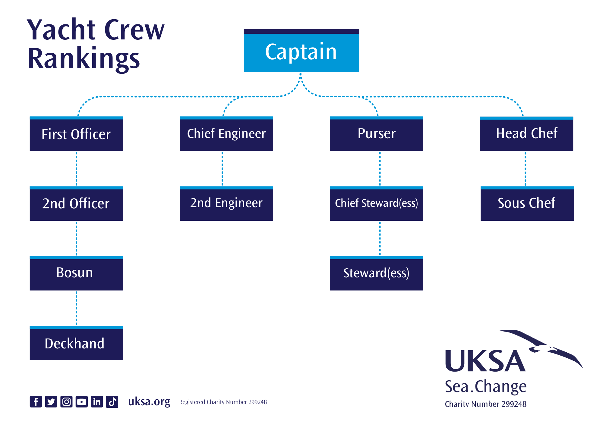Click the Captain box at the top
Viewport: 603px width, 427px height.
pyautogui.click(x=301, y=51)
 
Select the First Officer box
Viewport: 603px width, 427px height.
pyautogui.click(x=76, y=134)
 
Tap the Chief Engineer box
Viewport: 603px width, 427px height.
pyautogui.click(x=226, y=134)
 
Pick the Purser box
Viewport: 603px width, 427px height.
pyautogui.click(x=376, y=134)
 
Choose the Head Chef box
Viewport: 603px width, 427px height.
pyautogui.click(x=526, y=134)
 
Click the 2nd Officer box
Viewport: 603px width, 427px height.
pyautogui.click(x=76, y=204)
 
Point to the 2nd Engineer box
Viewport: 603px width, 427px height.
pyautogui.click(x=226, y=204)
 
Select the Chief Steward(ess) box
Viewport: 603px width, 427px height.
pyautogui.click(x=376, y=204)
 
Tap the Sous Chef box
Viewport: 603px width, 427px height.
pyautogui.click(x=527, y=204)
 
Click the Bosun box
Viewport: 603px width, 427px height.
pyautogui.click(x=76, y=273)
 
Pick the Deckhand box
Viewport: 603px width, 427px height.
pyautogui.click(x=76, y=343)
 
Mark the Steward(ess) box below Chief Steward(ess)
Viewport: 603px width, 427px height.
pyautogui.click(x=376, y=273)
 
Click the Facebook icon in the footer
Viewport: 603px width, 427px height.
pyautogui.click(x=36, y=401)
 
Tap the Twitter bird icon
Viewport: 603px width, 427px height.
pyautogui.click(x=51, y=401)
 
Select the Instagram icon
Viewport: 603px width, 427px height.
pyautogui.click(x=66, y=401)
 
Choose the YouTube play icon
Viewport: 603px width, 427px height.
pyautogui.click(x=82, y=401)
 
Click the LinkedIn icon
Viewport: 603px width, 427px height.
pyautogui.click(x=97, y=401)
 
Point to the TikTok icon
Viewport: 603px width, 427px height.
pyautogui.click(x=112, y=401)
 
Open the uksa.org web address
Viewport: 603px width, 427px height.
pyautogui.click(x=149, y=402)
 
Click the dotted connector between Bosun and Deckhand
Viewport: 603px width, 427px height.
pyautogui.click(x=76, y=308)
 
